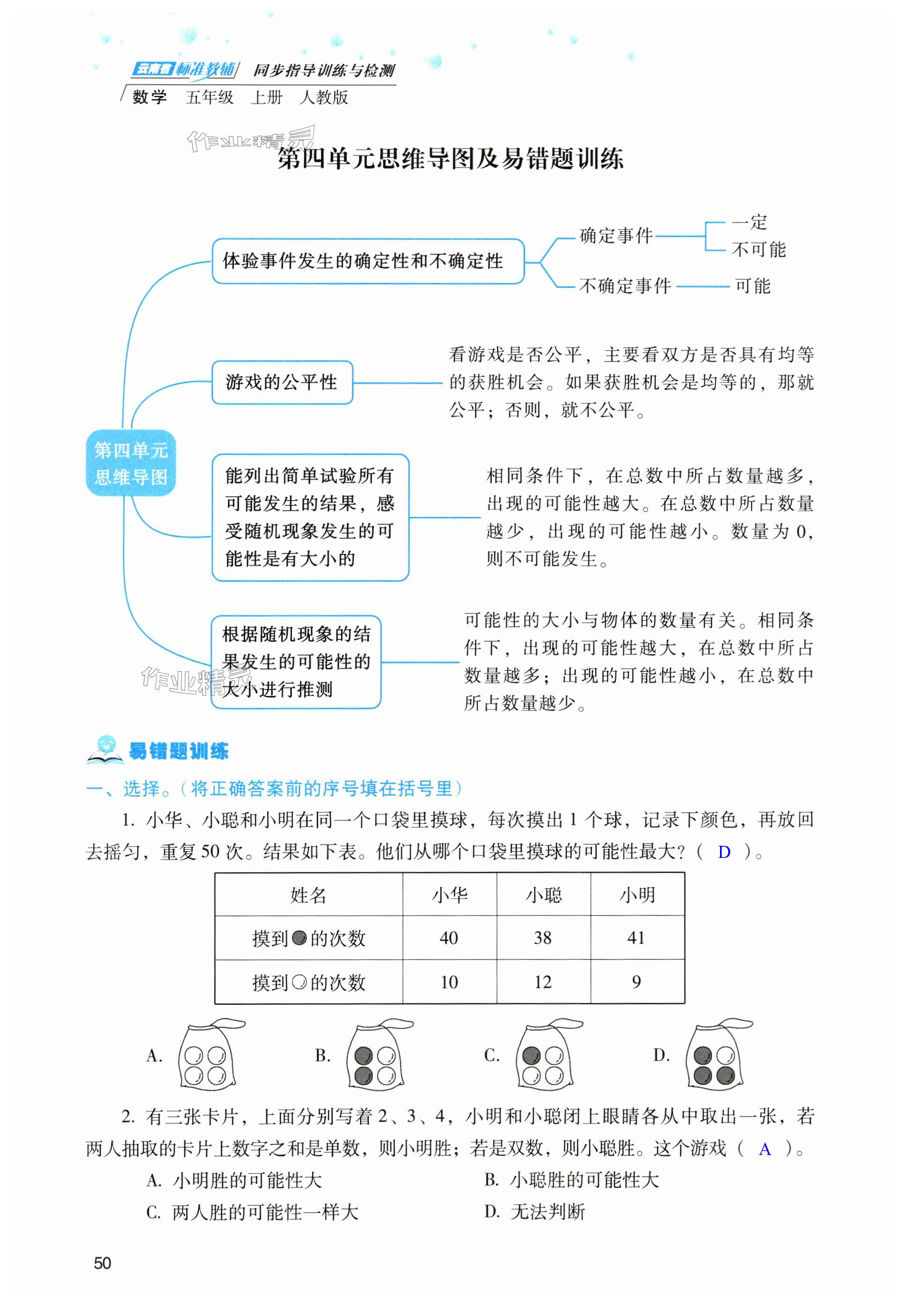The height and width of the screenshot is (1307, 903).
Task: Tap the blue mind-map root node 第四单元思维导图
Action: pos(131,463)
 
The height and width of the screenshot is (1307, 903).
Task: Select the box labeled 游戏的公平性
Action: pos(282,382)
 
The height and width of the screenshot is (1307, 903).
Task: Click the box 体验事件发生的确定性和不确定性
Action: pos(368,261)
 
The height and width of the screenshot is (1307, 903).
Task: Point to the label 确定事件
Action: pos(616,235)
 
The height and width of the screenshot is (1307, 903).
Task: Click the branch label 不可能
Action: pos(758,249)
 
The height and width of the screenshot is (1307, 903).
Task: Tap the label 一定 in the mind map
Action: pos(749,222)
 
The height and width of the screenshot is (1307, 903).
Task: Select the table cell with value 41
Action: pos(636,938)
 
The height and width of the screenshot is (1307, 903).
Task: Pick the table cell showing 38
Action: pos(543,938)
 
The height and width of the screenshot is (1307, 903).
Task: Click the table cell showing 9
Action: pos(636,982)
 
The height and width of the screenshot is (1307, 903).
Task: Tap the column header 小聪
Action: pos(543,895)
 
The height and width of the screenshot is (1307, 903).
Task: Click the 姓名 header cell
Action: pos(308,895)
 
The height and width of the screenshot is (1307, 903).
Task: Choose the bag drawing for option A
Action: pos(207,1055)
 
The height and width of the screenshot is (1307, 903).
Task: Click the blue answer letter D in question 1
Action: pos(724,852)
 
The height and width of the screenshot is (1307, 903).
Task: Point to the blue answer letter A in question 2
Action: pos(765,1148)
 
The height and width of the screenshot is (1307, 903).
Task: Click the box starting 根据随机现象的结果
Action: pos(296,662)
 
